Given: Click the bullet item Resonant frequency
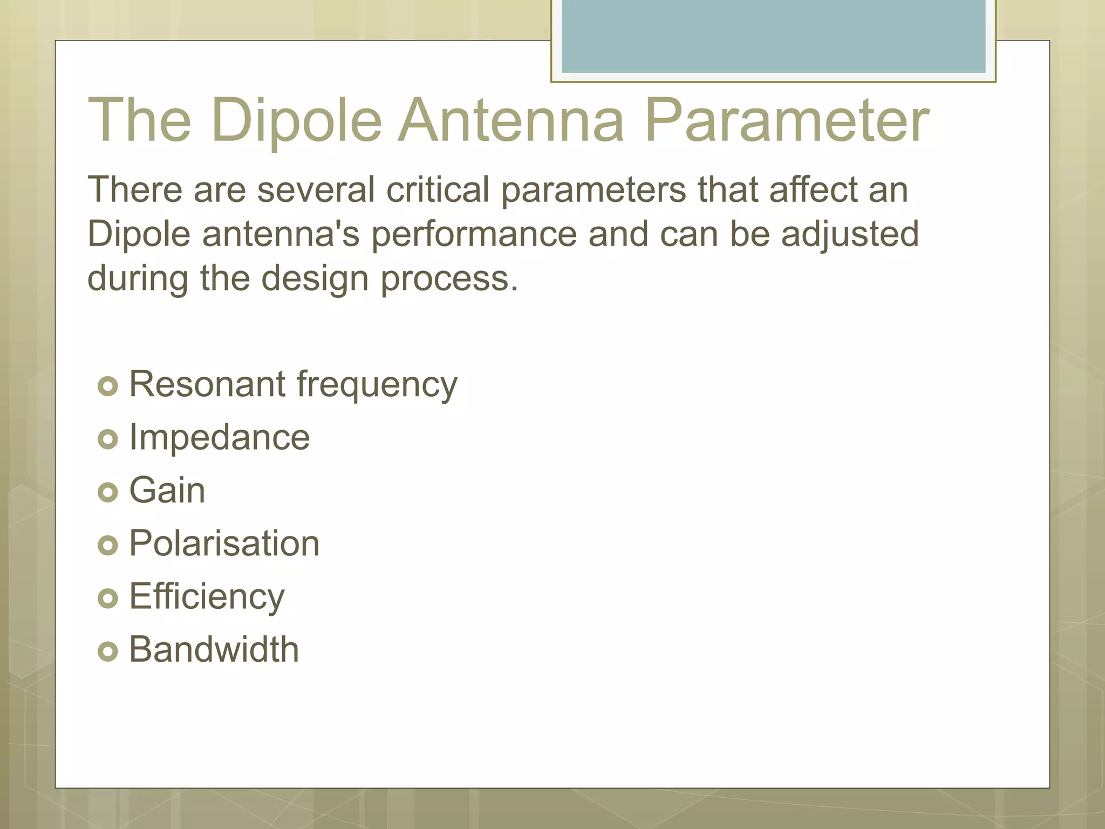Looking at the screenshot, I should coord(293,385).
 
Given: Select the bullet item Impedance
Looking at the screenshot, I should coord(220,437).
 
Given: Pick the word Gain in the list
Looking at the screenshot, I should coord(167,491).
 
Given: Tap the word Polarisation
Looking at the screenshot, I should coord(224,543).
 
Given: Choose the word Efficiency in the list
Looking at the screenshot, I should coord(207,597).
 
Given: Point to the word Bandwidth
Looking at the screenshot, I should coord(214,649).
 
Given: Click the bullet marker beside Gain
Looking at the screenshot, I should coord(108,492).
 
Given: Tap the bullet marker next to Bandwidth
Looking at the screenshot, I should coord(108,651).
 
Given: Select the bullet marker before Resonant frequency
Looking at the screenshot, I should coord(108,386).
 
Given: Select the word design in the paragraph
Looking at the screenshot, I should coord(315,279).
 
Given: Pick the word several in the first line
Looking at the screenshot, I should coord(316,190).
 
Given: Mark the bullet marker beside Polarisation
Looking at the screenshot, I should coord(108,545).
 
